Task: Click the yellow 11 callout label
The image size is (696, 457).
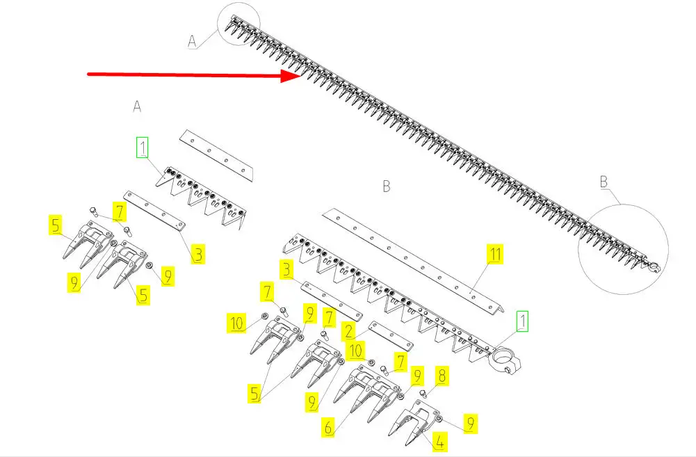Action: pyautogui.click(x=495, y=254)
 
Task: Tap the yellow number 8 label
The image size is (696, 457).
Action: pyautogui.click(x=442, y=376)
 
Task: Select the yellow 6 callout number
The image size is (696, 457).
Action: pyautogui.click(x=328, y=427)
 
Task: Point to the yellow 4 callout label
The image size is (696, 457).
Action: pyautogui.click(x=439, y=442)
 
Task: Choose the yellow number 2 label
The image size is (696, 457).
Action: pyautogui.click(x=349, y=331)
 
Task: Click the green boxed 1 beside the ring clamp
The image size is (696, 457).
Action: pyautogui.click(x=522, y=321)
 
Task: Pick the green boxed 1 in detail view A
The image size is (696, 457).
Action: pyautogui.click(x=142, y=147)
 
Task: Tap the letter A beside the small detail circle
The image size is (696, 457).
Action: pyautogui.click(x=192, y=41)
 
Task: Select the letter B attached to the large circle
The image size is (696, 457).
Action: pyautogui.click(x=604, y=182)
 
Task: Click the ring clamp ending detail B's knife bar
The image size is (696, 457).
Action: pyautogui.click(x=505, y=360)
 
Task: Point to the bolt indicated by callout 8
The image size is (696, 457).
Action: pyautogui.click(x=423, y=394)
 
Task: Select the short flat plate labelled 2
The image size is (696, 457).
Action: pyautogui.click(x=391, y=336)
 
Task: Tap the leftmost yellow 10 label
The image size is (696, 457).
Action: pyautogui.click(x=237, y=323)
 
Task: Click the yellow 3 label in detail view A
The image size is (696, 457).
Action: pyautogui.click(x=198, y=255)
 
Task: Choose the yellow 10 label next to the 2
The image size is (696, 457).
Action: pyautogui.click(x=355, y=351)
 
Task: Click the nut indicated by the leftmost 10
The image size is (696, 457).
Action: pyautogui.click(x=264, y=316)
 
